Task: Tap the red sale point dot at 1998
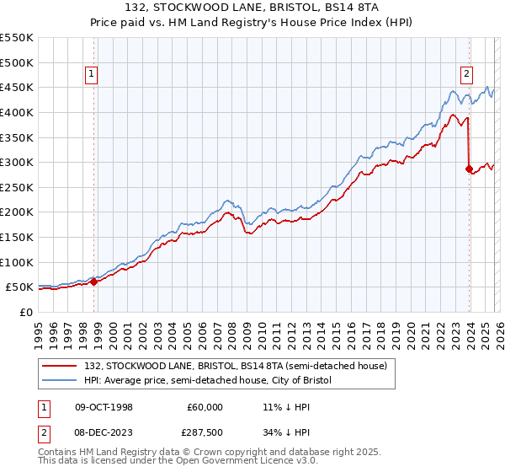(93, 282)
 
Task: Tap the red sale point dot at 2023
(469, 169)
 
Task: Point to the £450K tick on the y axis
(17, 87)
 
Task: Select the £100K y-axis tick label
(17, 262)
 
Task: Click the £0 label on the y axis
(25, 312)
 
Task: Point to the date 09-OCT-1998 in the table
(104, 407)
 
